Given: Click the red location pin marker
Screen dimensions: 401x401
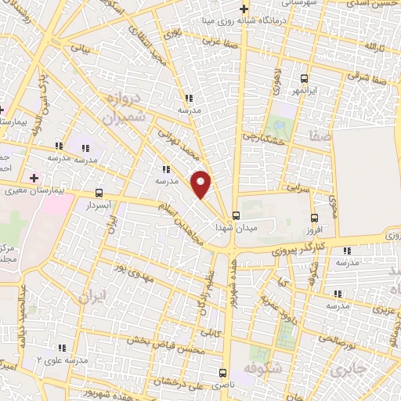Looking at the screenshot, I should pos(201,184).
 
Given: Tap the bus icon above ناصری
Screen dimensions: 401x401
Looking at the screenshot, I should pos(222,373).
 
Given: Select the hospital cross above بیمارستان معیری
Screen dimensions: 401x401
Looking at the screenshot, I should pos(33,178).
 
